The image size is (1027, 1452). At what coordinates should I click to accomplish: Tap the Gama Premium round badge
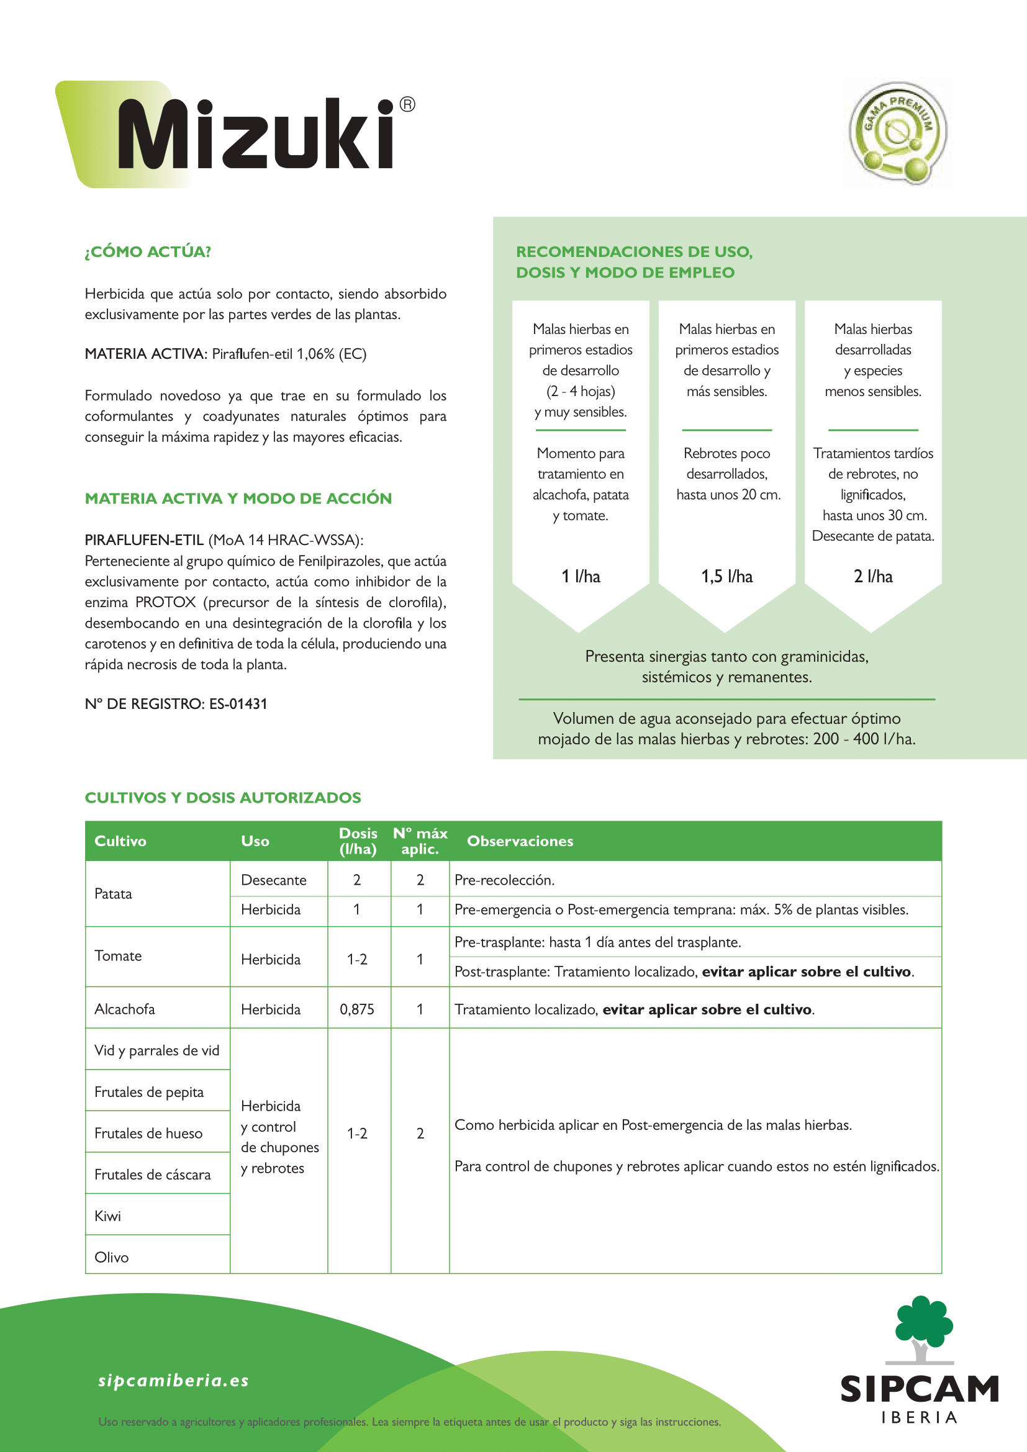(898, 133)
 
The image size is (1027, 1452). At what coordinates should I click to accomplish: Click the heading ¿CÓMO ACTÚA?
(148, 251)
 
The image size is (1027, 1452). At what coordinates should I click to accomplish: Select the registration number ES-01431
(238, 704)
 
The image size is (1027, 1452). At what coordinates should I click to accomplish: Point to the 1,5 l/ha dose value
(726, 576)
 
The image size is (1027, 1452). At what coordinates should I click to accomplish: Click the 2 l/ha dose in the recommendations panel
(872, 576)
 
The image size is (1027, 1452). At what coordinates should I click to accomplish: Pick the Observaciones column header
(520, 841)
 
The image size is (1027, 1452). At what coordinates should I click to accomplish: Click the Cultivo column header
(120, 841)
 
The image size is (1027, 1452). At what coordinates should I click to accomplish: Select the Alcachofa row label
(125, 1009)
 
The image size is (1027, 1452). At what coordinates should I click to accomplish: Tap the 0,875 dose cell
(356, 1009)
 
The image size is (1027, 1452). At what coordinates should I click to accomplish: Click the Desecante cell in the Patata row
(273, 880)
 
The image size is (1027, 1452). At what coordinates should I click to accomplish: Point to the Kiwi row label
(107, 1216)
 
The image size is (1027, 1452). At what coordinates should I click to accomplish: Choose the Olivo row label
(111, 1257)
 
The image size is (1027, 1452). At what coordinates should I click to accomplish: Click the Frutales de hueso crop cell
(148, 1134)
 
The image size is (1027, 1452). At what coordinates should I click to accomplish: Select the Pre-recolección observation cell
(504, 880)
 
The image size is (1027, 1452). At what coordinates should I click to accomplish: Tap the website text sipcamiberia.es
(173, 1381)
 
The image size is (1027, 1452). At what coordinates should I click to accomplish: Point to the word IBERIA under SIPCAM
(919, 1417)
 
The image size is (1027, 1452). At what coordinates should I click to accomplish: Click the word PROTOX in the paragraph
(166, 602)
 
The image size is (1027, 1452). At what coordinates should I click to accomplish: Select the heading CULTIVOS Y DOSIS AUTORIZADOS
(223, 798)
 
